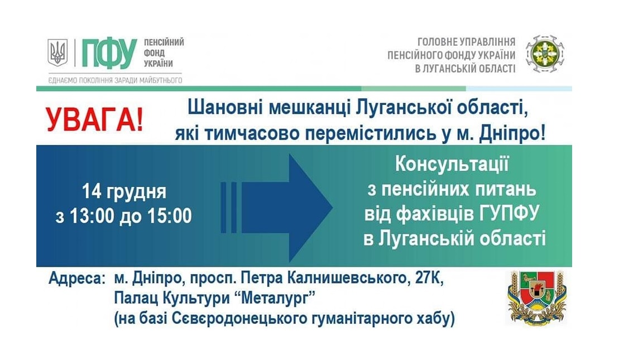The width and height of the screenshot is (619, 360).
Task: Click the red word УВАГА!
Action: click(95, 120)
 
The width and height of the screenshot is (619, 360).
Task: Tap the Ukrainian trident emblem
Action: click(57, 52)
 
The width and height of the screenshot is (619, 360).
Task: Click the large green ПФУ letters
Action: click(109, 52)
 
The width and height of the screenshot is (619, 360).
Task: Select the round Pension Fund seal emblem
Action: click(545, 54)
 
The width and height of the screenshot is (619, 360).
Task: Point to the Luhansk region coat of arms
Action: click(536, 297)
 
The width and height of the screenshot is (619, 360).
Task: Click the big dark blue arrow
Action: click(277, 208)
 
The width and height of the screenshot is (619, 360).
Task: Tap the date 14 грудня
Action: click(124, 192)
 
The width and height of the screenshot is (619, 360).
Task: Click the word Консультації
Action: click(452, 165)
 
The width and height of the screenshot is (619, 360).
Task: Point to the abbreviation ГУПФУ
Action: click(510, 214)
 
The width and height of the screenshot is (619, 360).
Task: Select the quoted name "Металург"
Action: click(275, 299)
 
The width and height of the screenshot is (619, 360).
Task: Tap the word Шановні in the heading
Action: click(224, 108)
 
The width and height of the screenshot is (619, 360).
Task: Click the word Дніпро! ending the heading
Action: click(512, 134)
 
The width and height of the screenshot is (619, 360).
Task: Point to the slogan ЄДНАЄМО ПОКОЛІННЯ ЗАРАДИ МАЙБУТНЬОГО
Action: click(115, 80)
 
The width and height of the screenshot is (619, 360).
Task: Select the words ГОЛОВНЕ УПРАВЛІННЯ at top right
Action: click(466, 42)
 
